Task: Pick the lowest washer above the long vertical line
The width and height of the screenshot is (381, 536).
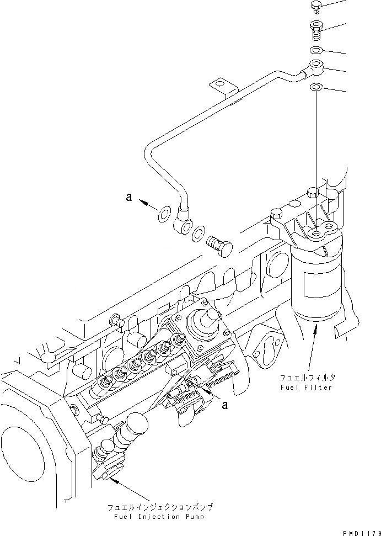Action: [316, 87]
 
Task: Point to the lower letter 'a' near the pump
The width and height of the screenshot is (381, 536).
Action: [224, 405]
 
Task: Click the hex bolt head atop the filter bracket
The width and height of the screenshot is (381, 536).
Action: [312, 193]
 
